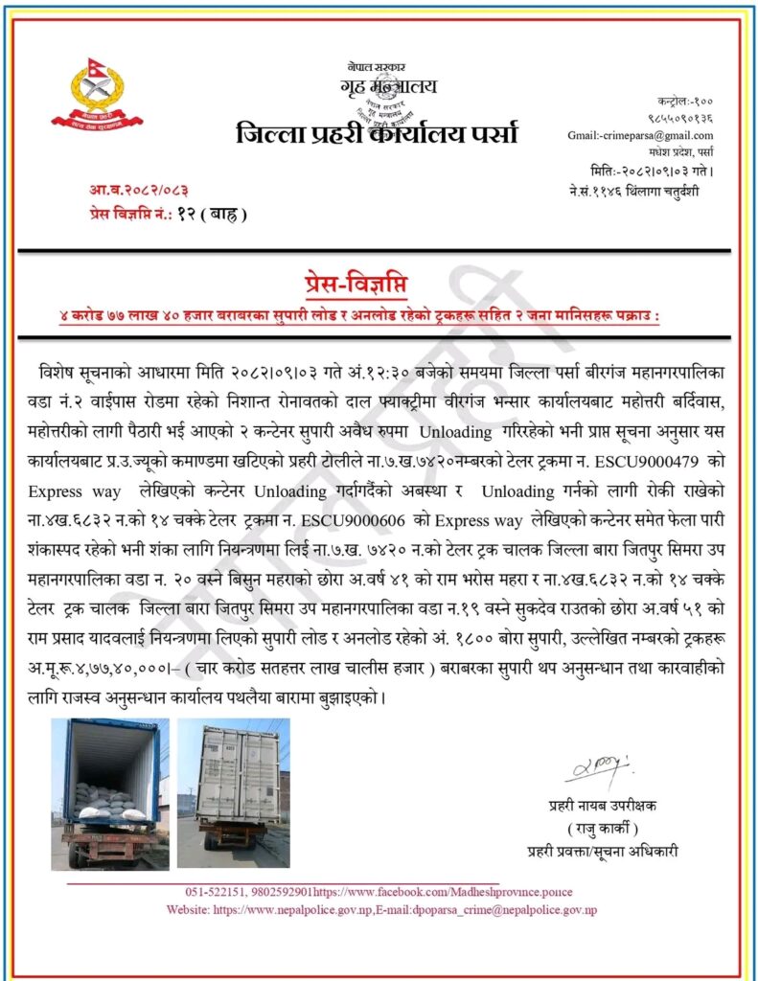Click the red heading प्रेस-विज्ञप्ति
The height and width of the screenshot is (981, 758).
pyautogui.click(x=378, y=285)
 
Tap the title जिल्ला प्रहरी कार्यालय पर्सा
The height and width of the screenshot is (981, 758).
pyautogui.click(x=377, y=135)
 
